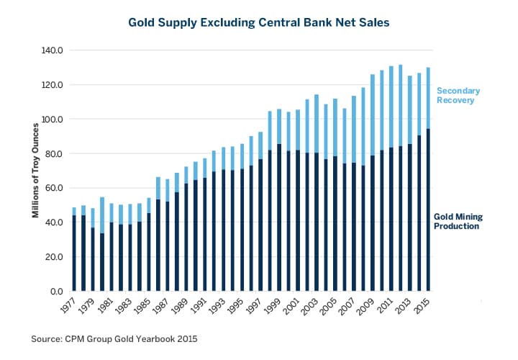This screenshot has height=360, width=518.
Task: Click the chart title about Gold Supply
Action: coord(259,22)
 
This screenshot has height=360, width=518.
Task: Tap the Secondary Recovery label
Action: coord(459,96)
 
